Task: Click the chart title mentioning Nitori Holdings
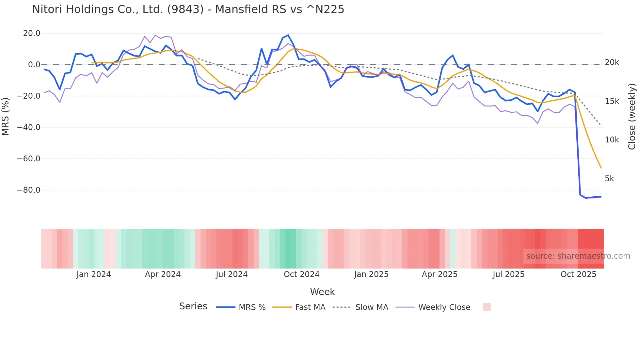point(188,9)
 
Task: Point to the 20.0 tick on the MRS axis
point(32,33)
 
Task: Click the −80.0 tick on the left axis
point(29,190)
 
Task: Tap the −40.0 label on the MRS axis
point(29,127)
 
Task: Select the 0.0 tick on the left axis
point(34,65)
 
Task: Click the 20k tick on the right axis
point(612,62)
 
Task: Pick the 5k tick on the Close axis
point(609,179)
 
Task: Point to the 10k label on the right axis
point(612,140)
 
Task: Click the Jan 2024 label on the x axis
point(94,274)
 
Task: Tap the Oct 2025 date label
point(578,274)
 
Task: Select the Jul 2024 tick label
point(232,274)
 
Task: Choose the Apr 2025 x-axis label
point(440,274)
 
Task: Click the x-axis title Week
point(322,292)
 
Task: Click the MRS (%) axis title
point(6,116)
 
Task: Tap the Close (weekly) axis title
point(632,116)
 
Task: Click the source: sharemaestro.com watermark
point(578,256)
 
